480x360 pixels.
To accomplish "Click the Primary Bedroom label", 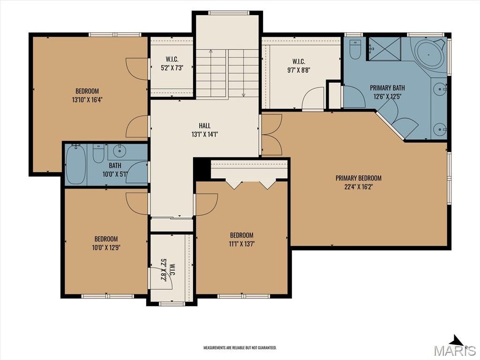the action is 359,182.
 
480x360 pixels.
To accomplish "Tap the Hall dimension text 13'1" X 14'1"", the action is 204,134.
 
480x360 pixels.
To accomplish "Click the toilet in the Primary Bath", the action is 355,50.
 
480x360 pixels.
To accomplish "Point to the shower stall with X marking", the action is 384,49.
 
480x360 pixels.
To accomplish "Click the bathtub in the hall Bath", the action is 75,165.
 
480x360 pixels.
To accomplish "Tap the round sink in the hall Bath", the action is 118,150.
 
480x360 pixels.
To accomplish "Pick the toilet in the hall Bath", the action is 98,154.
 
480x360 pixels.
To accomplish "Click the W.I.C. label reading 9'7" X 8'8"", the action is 299,66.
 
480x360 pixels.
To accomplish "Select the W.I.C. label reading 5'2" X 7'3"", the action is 172,63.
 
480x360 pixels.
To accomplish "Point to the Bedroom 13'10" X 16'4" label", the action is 87,95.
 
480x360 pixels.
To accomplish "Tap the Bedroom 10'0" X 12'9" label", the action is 106,243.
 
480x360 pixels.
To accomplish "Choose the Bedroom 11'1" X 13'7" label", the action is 241,240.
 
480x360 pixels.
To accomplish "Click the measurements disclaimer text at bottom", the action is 240,348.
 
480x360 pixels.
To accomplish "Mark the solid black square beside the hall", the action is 202,169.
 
